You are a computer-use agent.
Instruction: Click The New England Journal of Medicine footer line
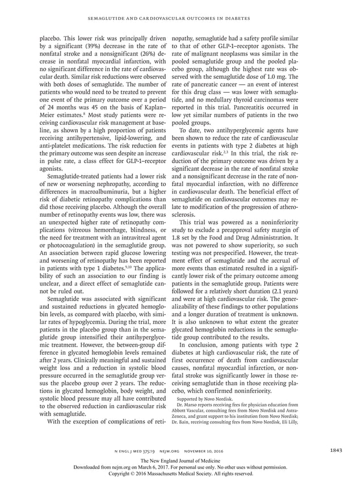(x=180, y=460)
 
